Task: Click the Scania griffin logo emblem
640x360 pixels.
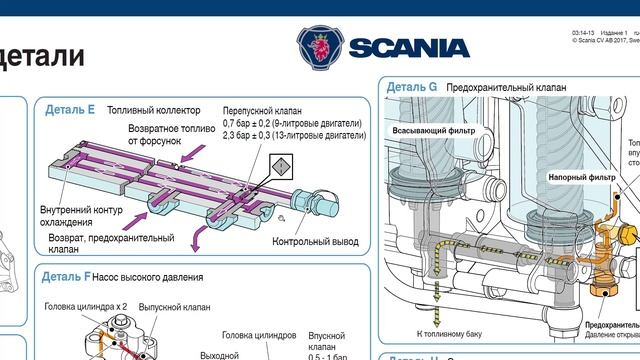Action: pos(320,47)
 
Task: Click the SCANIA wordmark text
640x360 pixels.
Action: pos(409,48)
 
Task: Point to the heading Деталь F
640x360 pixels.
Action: pos(68,276)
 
